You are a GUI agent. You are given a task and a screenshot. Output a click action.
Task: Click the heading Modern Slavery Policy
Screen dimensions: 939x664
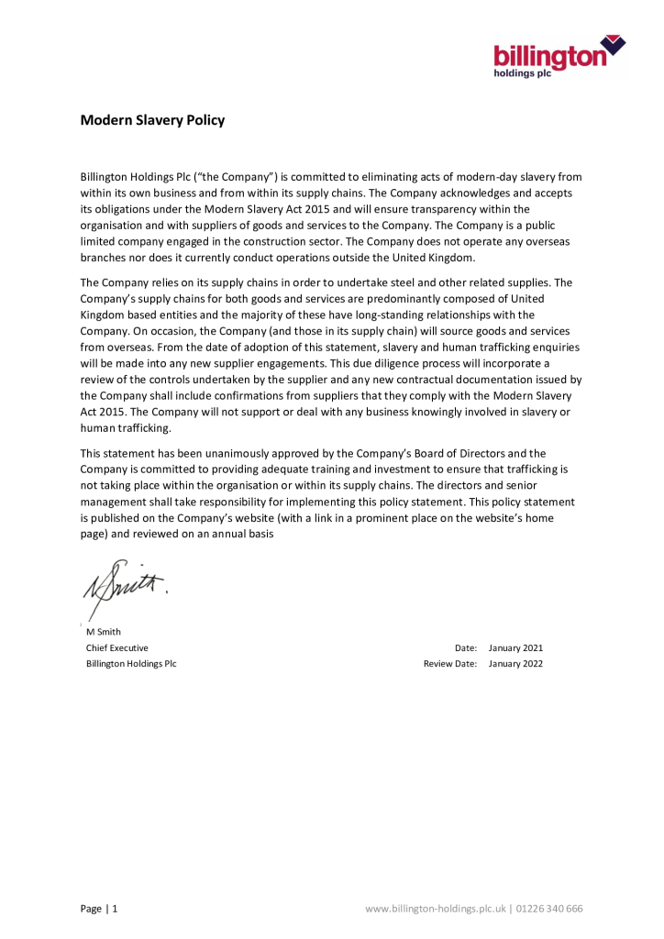coord(152,120)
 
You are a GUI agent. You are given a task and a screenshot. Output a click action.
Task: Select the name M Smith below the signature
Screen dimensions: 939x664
coord(103,632)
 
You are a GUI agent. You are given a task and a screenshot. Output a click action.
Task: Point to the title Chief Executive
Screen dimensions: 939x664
coord(117,647)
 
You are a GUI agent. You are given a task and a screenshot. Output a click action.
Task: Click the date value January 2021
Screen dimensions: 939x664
coord(515,647)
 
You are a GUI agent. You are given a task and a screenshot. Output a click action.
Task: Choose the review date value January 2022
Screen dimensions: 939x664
coord(515,663)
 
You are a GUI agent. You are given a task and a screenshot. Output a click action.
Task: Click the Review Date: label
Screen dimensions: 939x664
coord(450,663)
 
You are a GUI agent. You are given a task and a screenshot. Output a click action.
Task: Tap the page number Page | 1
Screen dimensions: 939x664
coord(99,909)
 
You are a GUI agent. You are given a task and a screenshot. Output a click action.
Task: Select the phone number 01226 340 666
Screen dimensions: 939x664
coord(549,909)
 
